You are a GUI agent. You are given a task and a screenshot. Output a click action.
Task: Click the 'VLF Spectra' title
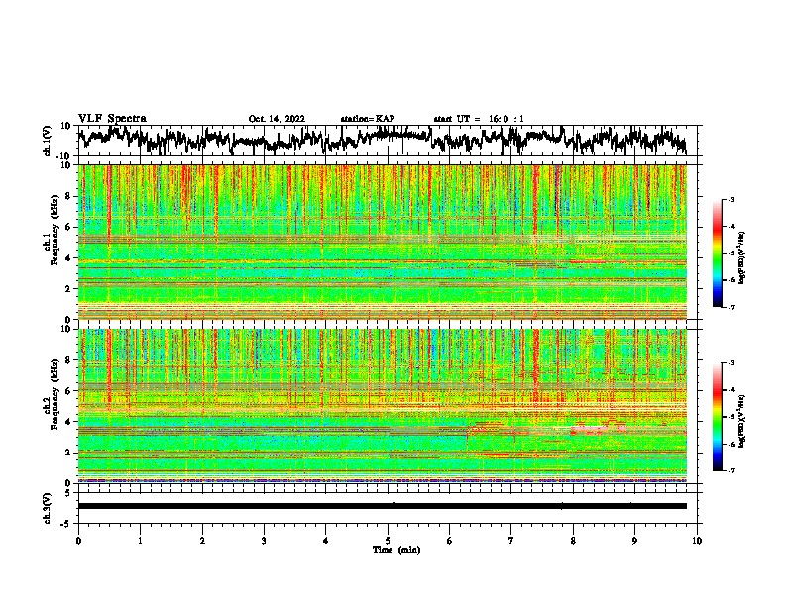[x=112, y=118]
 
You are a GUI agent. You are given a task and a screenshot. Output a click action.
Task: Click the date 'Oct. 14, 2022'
[x=277, y=119]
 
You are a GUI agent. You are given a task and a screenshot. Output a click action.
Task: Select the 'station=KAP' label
[x=368, y=119]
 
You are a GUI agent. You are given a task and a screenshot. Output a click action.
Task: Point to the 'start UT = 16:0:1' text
[x=479, y=119]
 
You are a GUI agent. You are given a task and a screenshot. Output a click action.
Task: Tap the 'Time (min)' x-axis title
[x=388, y=549]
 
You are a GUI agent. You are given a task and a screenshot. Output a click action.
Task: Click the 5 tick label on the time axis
[x=388, y=539]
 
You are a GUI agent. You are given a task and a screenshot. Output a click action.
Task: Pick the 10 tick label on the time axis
[x=697, y=539]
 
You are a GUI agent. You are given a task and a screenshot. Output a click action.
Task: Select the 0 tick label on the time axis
[x=78, y=539]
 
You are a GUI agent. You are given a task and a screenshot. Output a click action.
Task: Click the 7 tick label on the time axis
[x=511, y=539]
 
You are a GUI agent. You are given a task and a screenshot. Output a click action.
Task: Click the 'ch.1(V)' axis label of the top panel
[x=49, y=141]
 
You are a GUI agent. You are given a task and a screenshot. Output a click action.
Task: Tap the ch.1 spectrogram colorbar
[x=718, y=254]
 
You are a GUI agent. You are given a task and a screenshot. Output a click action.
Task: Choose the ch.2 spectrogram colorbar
[x=718, y=418]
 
